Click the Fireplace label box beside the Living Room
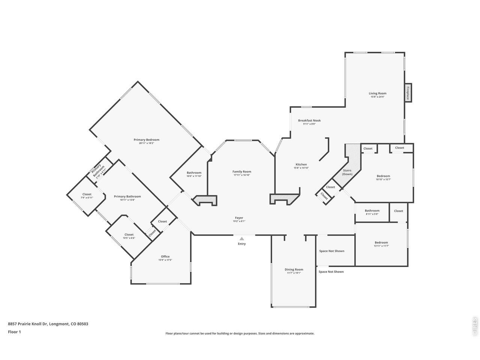[408, 92]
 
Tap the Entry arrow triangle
[242, 238]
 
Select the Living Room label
[377, 93]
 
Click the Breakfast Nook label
[309, 120]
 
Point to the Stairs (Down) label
[347, 172]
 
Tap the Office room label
[165, 256]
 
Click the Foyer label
[239, 218]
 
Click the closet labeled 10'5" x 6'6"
[129, 235]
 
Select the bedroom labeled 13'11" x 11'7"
[381, 243]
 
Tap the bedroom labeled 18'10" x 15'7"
[383, 176]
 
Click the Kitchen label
[301, 164]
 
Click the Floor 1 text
[14, 332]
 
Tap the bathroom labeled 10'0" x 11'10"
[194, 173]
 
